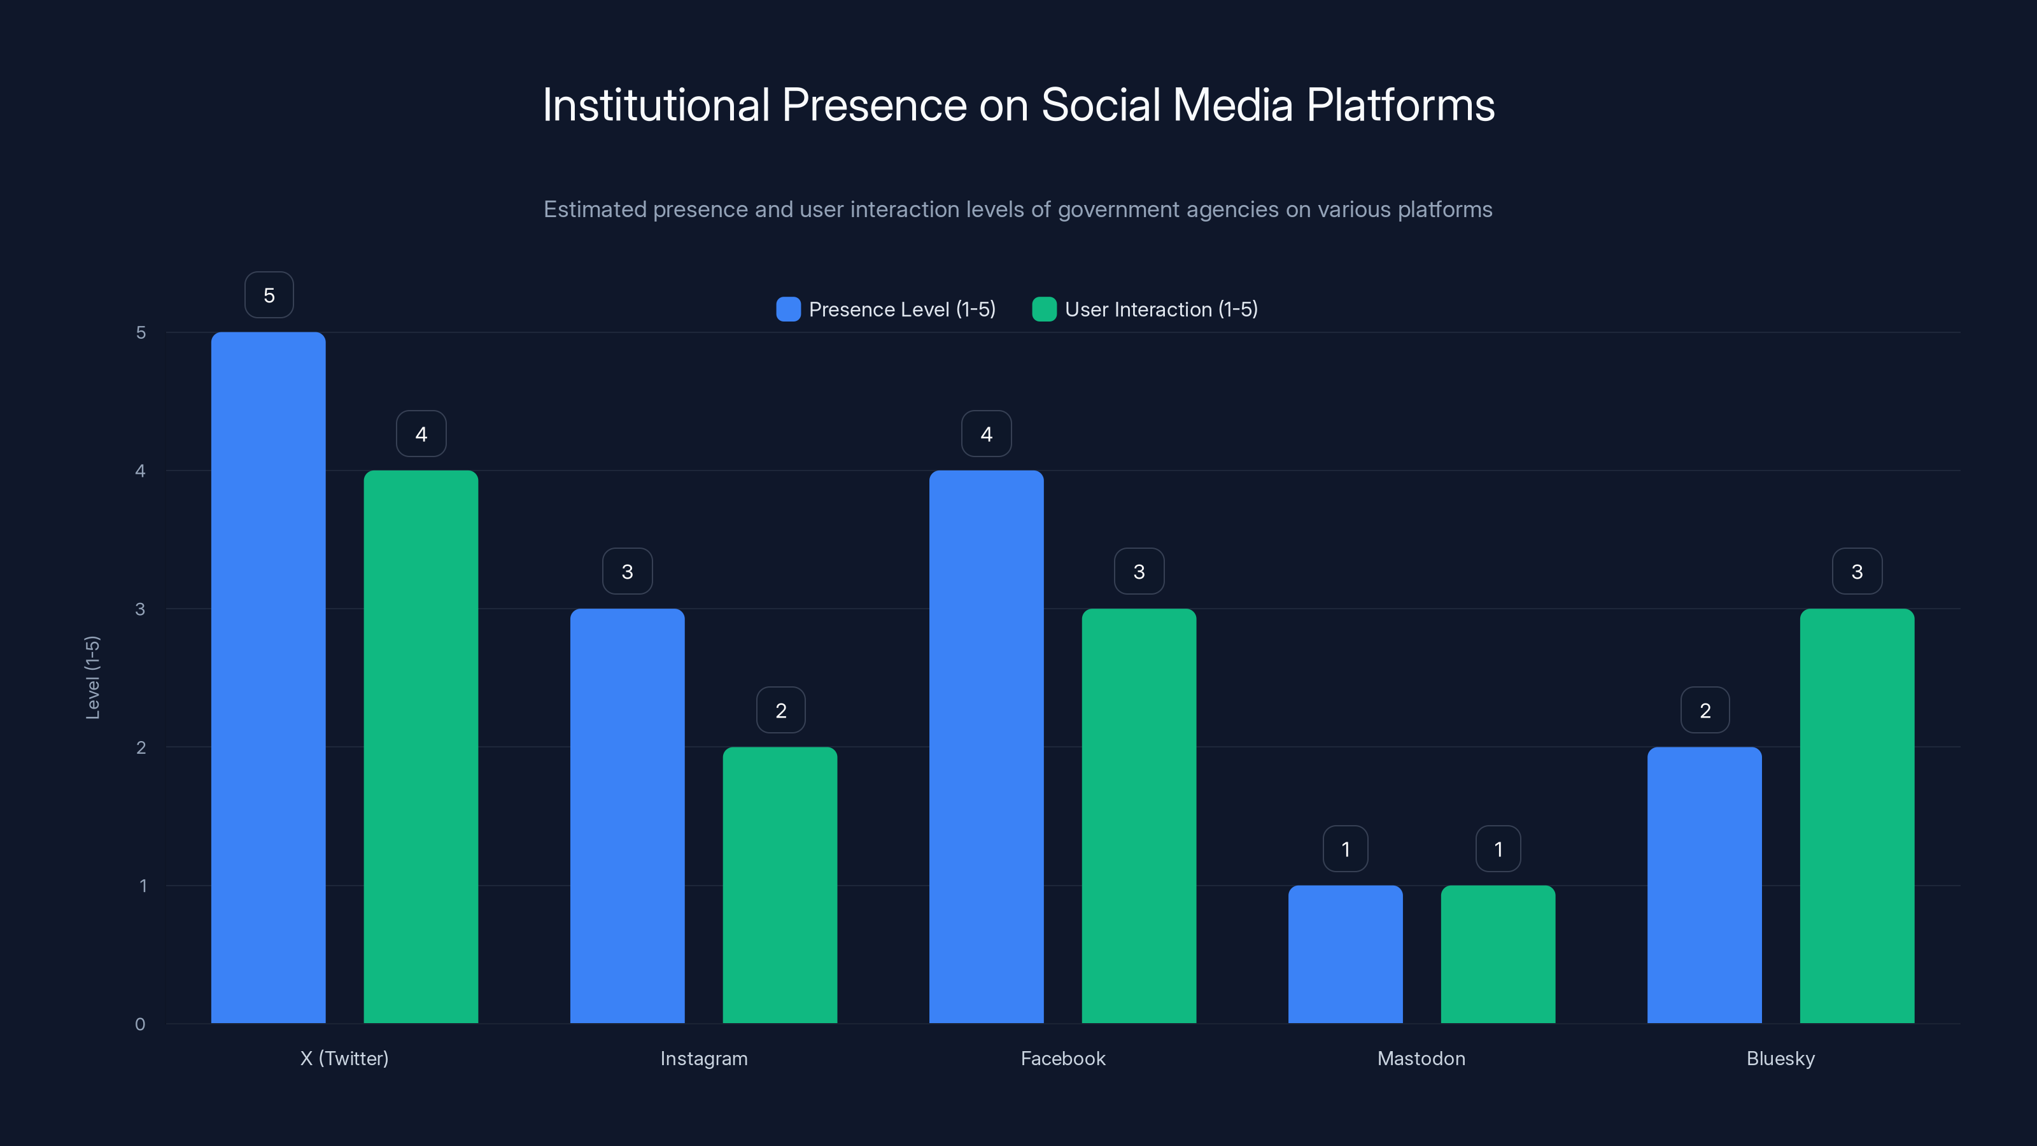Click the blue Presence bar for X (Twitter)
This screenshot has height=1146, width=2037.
pos(268,677)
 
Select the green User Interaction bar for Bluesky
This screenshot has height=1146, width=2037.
pos(1857,816)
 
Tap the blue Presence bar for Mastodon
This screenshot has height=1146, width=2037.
pos(1345,954)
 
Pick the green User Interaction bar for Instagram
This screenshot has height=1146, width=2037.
pos(780,884)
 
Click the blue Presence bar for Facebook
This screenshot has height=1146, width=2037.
pos(986,747)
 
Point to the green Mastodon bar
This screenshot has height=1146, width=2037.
pos(1498,954)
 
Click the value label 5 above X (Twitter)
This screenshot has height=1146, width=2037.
pos(269,295)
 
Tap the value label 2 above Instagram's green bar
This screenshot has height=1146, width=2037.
pos(780,711)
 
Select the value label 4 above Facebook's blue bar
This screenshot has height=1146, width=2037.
pos(986,434)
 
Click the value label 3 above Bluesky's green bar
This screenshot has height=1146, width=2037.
pos(1857,571)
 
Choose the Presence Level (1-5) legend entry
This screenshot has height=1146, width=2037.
pos(885,309)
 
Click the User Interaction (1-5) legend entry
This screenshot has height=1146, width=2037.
pos(1145,309)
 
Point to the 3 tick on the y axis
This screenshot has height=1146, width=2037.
pos(140,609)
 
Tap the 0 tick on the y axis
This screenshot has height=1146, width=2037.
pos(140,1024)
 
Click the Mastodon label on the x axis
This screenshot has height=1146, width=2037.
pos(1421,1058)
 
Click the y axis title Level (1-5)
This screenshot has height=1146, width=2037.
pos(92,677)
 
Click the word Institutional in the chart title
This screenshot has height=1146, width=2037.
pos(656,104)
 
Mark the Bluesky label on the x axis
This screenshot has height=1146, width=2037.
pos(1780,1058)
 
